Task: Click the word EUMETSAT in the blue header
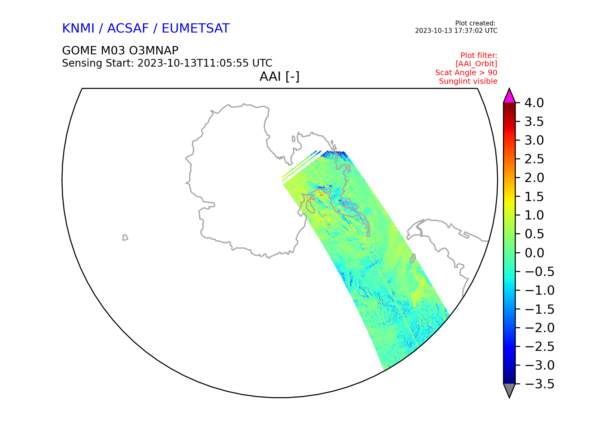coord(196,29)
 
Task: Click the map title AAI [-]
coord(279,76)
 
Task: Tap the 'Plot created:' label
coord(475,23)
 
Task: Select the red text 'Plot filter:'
coord(479,56)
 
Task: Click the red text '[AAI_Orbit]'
coord(476,64)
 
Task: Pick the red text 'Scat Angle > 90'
coord(466,73)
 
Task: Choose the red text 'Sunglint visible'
coord(468,81)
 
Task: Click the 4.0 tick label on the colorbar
coord(534,103)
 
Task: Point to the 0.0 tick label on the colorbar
coord(534,253)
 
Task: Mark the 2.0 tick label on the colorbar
coord(534,178)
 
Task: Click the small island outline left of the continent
coord(125,238)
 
